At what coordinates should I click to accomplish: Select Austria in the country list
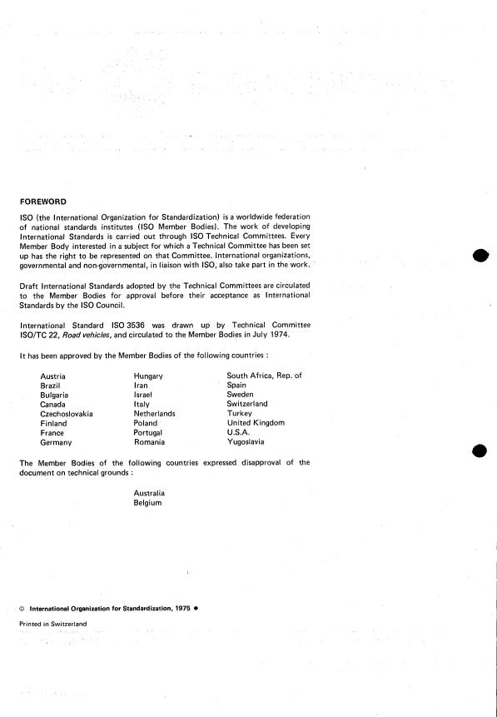click(53, 376)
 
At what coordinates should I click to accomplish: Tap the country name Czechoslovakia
click(67, 414)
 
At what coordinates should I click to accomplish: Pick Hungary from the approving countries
click(148, 376)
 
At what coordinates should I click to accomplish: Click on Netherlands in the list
click(155, 414)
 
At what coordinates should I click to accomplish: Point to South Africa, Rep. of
click(264, 376)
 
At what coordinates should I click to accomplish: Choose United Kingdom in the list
click(256, 423)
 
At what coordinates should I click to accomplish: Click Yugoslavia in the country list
click(246, 442)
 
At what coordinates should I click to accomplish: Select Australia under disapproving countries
click(149, 494)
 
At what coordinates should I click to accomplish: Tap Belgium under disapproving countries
click(147, 503)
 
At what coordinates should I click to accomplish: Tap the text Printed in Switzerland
click(52, 623)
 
